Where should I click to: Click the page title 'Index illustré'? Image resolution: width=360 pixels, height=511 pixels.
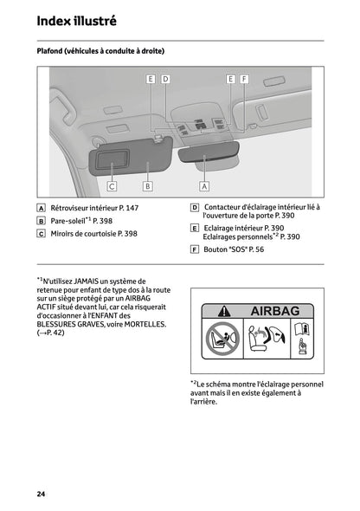(76, 20)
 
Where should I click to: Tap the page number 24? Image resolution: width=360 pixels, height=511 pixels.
(41, 494)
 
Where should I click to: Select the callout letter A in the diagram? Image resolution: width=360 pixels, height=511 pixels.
(204, 185)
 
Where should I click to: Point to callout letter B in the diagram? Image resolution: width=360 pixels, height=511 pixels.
(148, 185)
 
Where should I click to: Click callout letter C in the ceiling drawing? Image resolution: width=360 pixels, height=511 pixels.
(112, 185)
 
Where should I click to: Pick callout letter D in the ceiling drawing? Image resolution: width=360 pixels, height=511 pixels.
(165, 79)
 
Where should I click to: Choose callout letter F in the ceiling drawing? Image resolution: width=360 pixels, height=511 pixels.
(244, 79)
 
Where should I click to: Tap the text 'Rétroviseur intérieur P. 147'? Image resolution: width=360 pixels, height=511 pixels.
(94, 208)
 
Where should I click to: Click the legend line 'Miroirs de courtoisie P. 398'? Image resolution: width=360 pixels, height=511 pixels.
(93, 234)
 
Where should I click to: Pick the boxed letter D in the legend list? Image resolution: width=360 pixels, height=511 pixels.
(195, 208)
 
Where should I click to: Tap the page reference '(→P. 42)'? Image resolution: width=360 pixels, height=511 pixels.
(51, 333)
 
